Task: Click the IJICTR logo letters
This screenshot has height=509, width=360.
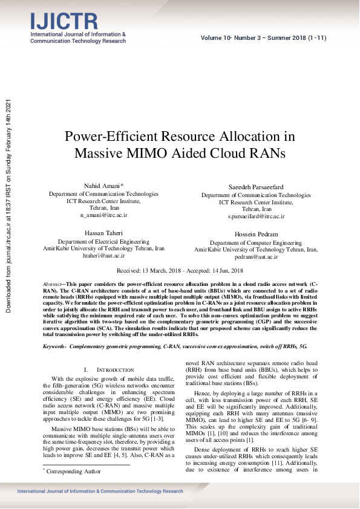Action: [x=64, y=22]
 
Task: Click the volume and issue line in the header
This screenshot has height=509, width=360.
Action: [x=264, y=38]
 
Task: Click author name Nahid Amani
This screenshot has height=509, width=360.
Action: [x=102, y=186]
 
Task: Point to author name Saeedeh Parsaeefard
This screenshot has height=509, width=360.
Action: [x=256, y=188]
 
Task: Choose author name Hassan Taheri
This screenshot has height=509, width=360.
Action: [x=103, y=232]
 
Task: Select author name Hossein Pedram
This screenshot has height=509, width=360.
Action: [x=256, y=234]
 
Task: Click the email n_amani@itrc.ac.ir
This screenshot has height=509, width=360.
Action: [x=103, y=215]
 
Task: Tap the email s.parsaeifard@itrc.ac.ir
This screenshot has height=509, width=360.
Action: [x=256, y=216]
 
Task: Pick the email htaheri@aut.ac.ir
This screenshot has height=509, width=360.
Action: [x=103, y=256]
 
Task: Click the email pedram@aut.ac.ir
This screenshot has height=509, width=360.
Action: [x=256, y=256]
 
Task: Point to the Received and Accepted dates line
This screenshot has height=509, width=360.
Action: [x=180, y=271]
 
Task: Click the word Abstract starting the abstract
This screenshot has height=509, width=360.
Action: [x=54, y=284]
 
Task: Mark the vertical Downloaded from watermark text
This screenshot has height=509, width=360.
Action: [x=8, y=206]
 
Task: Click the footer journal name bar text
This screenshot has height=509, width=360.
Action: [x=100, y=491]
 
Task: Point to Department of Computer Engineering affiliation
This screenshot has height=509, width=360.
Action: [x=256, y=242]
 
